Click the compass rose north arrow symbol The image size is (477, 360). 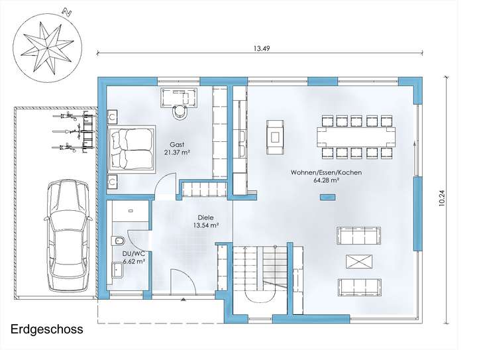point(47,48)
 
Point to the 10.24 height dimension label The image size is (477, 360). point(442,198)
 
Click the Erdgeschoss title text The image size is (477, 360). point(47,329)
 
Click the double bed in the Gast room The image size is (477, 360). point(132,149)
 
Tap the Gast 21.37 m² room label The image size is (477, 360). point(177,149)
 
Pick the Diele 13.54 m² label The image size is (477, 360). point(206,221)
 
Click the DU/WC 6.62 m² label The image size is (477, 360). point(133,257)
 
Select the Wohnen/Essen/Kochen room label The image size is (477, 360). point(326,176)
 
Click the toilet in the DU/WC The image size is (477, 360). point(119,241)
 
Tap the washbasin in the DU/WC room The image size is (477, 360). point(117,269)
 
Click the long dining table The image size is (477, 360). point(356,137)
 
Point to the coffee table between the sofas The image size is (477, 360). point(359,261)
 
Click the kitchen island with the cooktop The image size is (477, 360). point(276,137)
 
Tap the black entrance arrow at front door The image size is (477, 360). point(183,300)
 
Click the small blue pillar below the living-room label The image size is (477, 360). point(328,197)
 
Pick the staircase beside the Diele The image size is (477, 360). point(260,272)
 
